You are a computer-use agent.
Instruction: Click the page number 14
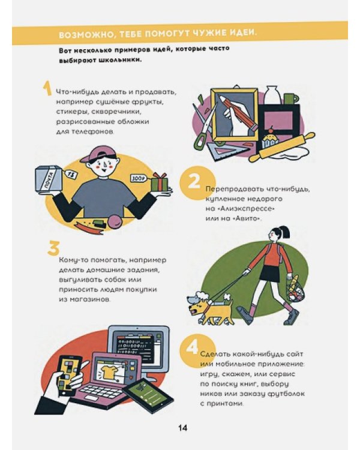point(182,428)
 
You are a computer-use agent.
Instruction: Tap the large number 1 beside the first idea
point(47,88)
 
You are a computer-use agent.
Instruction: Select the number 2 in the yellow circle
point(193,181)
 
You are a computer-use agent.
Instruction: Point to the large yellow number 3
point(53,248)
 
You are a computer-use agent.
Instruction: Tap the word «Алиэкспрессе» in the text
point(244,209)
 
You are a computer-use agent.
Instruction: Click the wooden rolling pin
point(283,147)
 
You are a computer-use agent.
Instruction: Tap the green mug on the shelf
point(290,99)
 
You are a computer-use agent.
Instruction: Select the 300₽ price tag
point(138,179)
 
